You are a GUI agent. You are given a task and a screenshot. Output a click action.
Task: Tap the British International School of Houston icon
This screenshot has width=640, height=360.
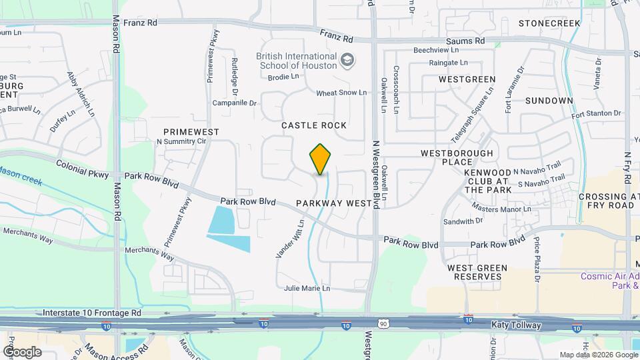pyautogui.click(x=347, y=61)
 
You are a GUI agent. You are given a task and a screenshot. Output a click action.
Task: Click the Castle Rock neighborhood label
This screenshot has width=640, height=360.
pyautogui.click(x=314, y=125)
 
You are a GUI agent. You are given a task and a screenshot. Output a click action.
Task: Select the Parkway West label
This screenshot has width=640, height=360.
pyautogui.click(x=333, y=203)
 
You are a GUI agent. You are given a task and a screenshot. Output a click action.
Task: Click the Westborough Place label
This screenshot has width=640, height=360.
pyautogui.click(x=457, y=157)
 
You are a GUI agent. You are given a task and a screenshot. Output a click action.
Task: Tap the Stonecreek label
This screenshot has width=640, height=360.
pyautogui.click(x=549, y=23)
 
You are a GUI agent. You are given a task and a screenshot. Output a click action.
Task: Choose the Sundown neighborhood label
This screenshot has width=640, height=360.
pyautogui.click(x=549, y=101)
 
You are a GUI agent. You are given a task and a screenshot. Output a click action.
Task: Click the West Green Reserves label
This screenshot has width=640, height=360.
pyautogui.click(x=477, y=272)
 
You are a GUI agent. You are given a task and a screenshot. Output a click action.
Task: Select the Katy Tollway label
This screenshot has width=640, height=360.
pyautogui.click(x=516, y=325)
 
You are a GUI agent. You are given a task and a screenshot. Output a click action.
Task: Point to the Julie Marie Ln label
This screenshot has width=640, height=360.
pyautogui.click(x=307, y=289)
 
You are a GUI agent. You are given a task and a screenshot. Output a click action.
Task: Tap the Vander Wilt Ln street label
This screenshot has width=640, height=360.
pyautogui.click(x=290, y=239)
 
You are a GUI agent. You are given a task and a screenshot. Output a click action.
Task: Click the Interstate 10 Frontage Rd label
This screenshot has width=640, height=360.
pyautogui.click(x=91, y=312)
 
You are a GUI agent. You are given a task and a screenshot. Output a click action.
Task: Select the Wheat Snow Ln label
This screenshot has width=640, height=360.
pyautogui.click(x=341, y=93)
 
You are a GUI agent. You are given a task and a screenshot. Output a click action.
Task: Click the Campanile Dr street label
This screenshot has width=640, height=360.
pyautogui.click(x=234, y=103)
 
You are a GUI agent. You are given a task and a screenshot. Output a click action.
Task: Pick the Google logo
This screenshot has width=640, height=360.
pyautogui.click(x=22, y=351)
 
